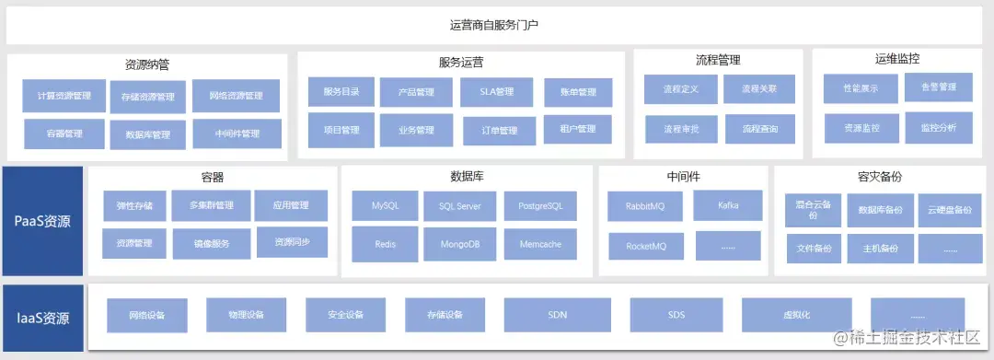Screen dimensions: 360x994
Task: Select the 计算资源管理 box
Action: pos(64,96)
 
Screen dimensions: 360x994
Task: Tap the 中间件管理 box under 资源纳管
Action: pos(237,134)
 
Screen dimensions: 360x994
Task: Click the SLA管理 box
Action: pos(497,91)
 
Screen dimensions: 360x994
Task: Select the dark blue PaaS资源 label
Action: pos(42,222)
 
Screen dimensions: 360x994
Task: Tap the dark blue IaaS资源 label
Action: pos(42,319)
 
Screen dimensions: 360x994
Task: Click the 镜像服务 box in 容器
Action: pos(211,244)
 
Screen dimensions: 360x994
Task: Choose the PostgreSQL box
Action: pos(540,205)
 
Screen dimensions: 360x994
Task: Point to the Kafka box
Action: pos(727,205)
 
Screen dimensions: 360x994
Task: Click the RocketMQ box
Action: pos(646,246)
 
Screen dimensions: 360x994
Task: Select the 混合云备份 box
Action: pos(813,210)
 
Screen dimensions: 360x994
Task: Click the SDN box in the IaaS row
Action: pos(557,315)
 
